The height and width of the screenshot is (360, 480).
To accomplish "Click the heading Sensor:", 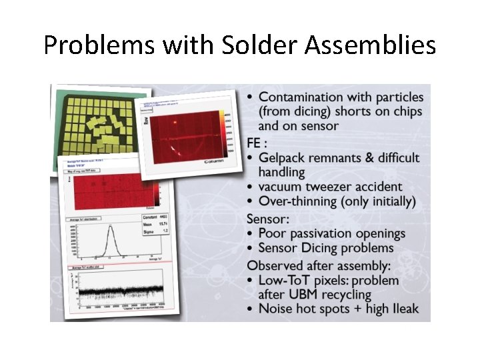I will click(269, 219).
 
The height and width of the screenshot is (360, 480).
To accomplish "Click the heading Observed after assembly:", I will click(320, 265).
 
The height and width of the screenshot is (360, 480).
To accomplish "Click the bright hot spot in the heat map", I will click(175, 123).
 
